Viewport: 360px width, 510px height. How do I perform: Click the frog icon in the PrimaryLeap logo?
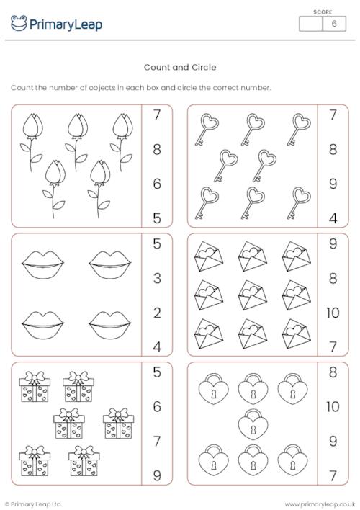point(19,24)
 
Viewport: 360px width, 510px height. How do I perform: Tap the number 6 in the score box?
point(333,24)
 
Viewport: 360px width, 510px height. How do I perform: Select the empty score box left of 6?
point(310,24)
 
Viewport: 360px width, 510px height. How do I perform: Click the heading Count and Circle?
point(180,67)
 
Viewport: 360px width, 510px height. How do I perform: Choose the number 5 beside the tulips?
point(157,217)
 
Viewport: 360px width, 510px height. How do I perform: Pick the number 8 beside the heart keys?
point(333,150)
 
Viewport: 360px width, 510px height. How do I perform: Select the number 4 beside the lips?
point(157,346)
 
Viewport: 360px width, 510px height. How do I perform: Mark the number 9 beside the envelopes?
point(333,244)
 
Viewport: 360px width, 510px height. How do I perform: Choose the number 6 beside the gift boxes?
point(157,407)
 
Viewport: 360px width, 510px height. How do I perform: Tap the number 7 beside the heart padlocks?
point(333,475)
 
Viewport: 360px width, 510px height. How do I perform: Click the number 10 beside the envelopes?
point(333,313)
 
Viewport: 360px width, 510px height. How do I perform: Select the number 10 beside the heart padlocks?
point(333,407)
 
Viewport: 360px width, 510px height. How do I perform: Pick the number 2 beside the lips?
point(157,313)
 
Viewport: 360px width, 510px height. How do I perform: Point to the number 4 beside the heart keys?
point(333,217)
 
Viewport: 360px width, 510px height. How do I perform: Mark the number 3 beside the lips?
point(157,279)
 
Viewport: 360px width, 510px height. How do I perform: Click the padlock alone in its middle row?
point(252,424)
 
